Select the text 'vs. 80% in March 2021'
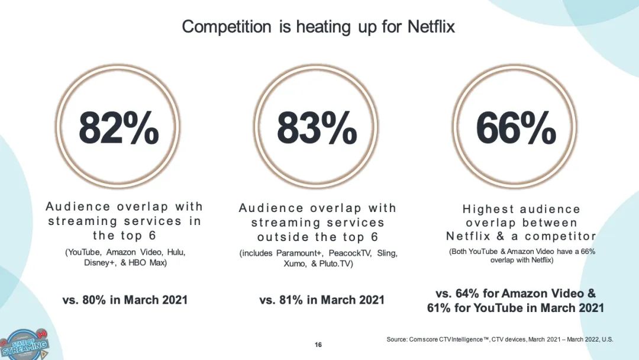[x=125, y=300]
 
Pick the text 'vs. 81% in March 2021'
[x=322, y=300]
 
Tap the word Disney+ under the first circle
[x=98, y=263]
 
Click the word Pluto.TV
[x=337, y=264]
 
